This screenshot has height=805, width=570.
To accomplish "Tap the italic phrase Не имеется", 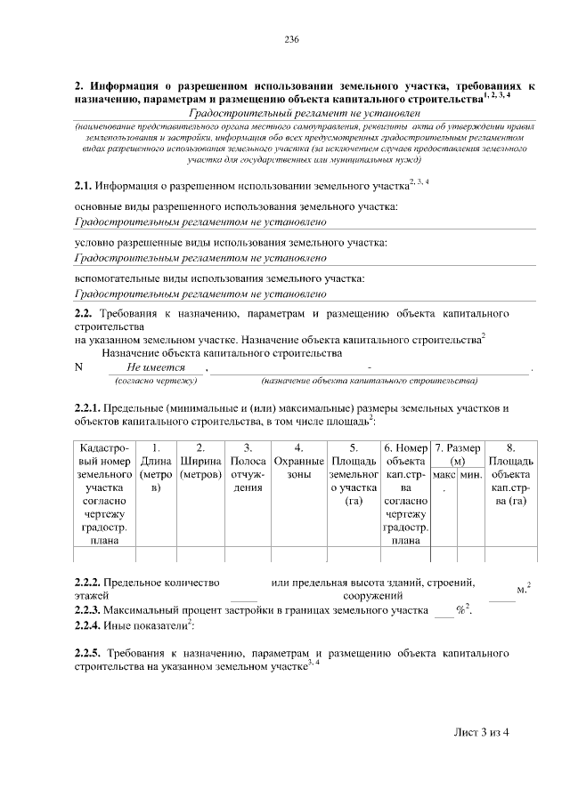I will (156, 367).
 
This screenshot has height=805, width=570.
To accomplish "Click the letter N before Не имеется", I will (78, 367).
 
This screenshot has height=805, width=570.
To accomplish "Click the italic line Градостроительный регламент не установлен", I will (303, 113).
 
